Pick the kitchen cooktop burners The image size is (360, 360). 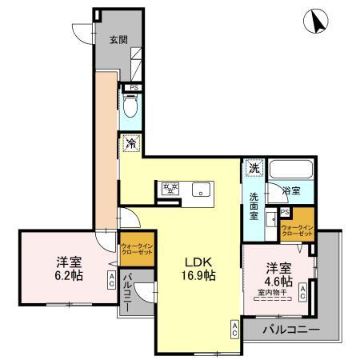coord(170,190)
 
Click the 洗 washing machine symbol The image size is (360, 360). coord(254,168)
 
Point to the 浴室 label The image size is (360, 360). coord(292,191)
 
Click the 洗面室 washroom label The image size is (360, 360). coord(254,206)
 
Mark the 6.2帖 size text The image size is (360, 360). coord(68,276)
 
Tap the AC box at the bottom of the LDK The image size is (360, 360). coord(234,327)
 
